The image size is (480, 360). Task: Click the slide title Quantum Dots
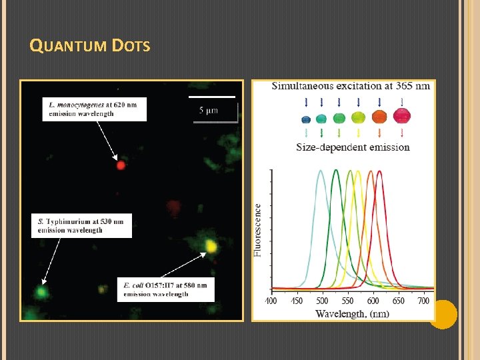90,46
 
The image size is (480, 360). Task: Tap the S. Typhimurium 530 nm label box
81,225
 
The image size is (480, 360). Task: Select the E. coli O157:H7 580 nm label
165,289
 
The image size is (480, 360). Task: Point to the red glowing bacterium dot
121,165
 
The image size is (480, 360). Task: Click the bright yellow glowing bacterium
211,246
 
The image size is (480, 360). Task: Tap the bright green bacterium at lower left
41,291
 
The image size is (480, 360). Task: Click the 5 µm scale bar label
209,110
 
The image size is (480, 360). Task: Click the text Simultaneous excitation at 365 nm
351,86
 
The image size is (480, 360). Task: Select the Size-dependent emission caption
353,147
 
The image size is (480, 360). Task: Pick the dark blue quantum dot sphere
306,119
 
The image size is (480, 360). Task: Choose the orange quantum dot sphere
379,117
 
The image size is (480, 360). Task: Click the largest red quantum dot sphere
402,117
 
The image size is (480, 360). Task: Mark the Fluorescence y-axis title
258,229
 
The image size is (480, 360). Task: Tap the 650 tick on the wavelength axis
399,301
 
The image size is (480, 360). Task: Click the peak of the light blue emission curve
321,171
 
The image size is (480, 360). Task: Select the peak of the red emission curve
379,171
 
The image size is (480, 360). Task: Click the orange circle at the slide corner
443,314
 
